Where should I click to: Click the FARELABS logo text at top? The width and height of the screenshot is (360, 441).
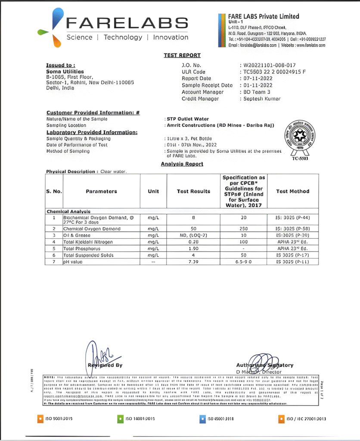click(x=126, y=23)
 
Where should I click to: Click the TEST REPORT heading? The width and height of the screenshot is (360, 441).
click(x=182, y=55)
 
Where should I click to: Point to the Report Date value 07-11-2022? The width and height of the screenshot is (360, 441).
click(x=257, y=78)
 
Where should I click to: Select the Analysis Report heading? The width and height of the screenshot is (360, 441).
click(x=182, y=164)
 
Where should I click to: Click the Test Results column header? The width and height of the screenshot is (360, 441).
click(x=193, y=191)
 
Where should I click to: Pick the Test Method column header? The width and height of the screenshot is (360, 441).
click(x=292, y=191)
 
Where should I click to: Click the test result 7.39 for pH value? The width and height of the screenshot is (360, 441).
click(x=193, y=262)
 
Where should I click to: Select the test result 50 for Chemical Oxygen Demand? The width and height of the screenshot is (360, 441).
click(x=193, y=229)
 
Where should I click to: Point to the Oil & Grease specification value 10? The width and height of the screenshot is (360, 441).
click(x=243, y=236)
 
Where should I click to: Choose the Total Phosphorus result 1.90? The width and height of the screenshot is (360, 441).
click(x=193, y=248)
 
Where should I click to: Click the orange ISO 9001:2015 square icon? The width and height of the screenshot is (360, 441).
click(x=40, y=418)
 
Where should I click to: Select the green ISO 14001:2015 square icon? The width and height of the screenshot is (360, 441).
click(x=121, y=418)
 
